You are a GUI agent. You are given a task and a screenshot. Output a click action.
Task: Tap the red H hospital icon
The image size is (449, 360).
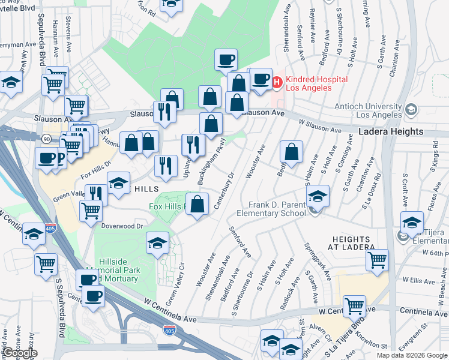[277, 82]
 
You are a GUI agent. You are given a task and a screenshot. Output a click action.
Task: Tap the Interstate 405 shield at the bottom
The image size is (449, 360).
[170, 330]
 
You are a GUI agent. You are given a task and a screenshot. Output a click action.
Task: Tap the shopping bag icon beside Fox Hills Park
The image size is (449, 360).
[197, 204]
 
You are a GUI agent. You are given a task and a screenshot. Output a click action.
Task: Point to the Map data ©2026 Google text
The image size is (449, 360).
[412, 355]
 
